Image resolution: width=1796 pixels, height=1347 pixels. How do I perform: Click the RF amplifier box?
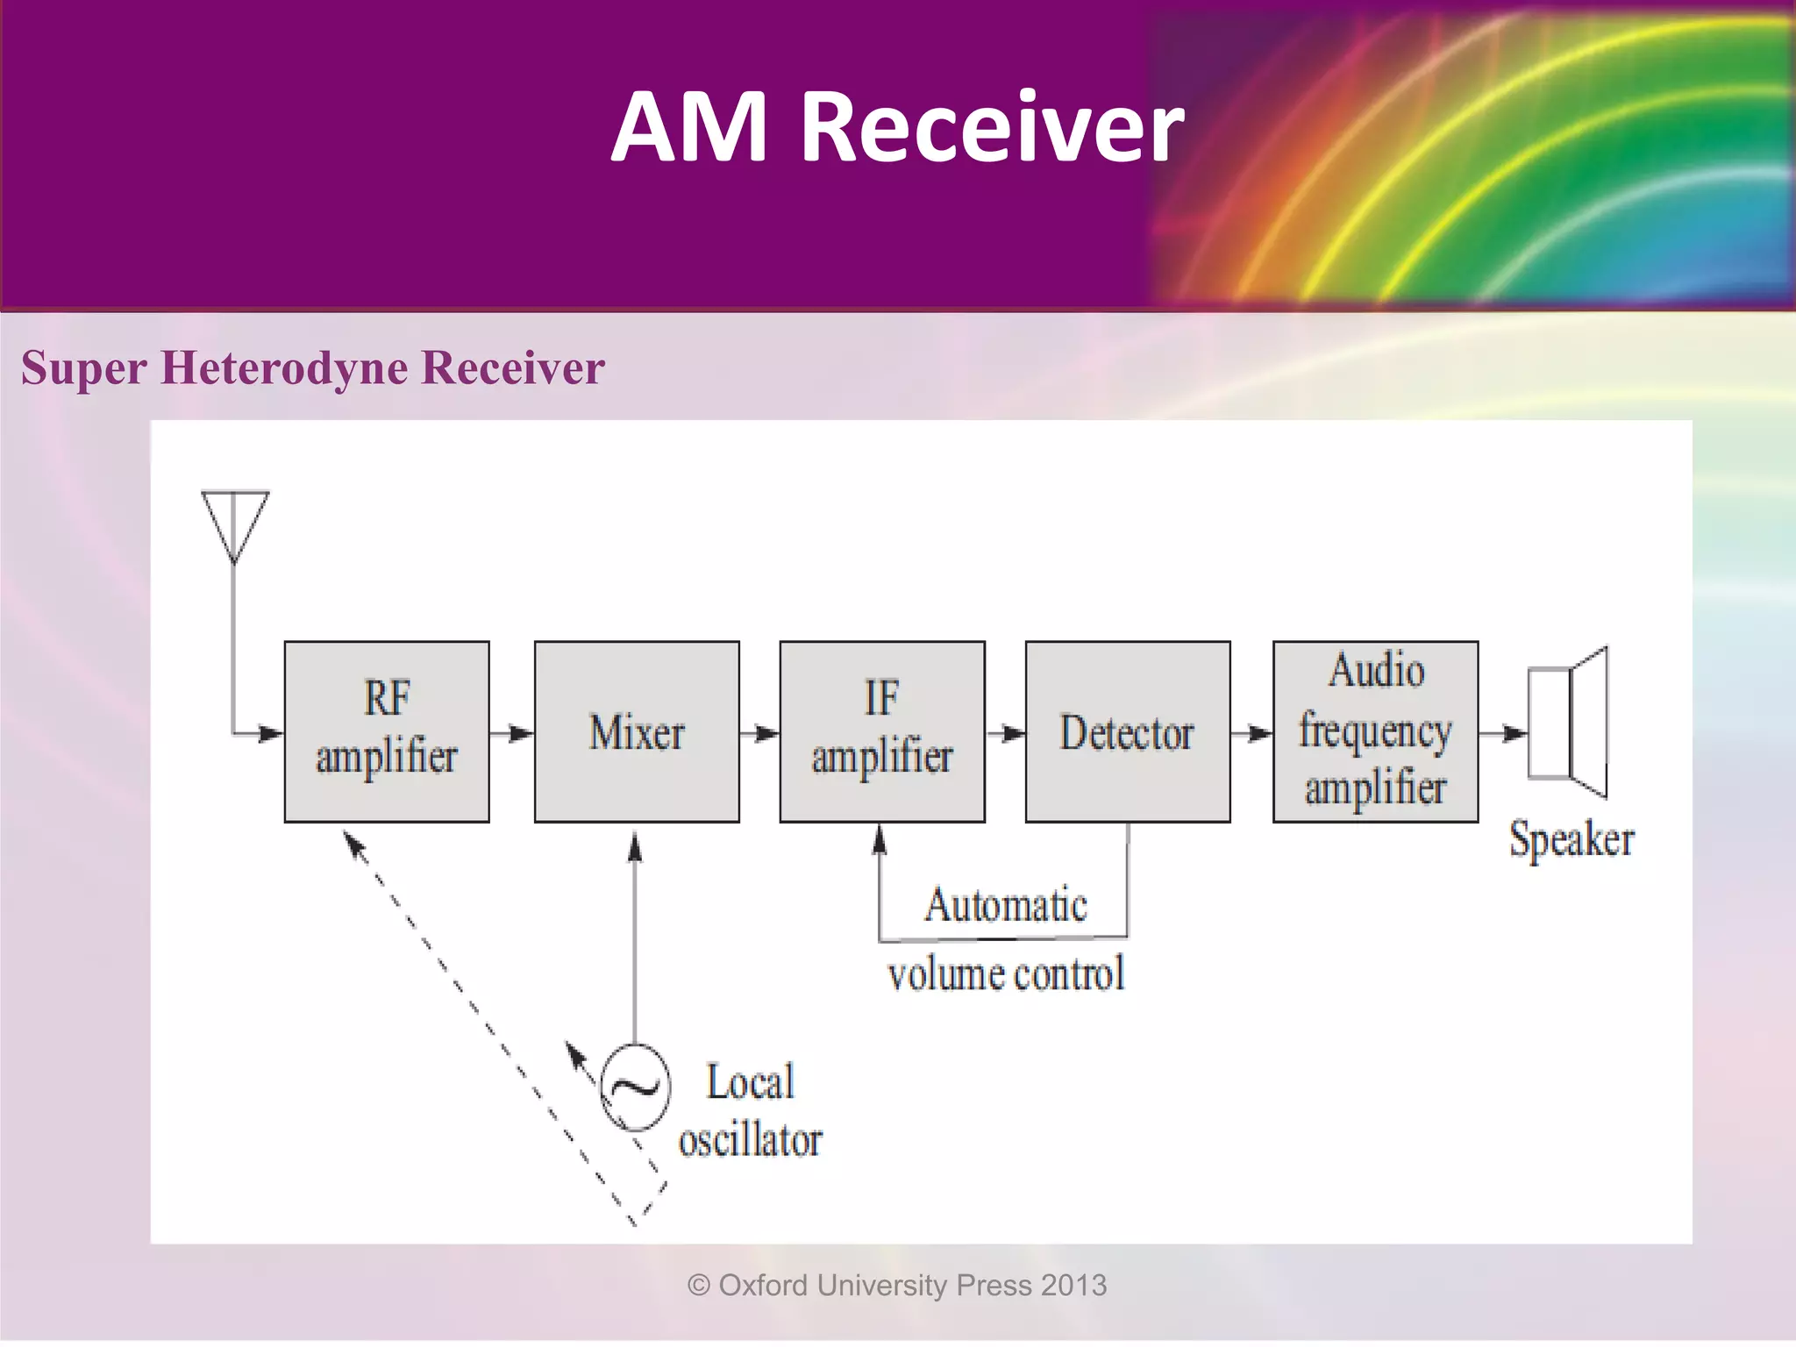tap(387, 731)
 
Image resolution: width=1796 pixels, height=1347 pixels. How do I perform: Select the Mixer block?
tap(637, 731)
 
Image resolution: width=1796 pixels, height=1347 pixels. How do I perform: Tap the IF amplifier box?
tap(882, 731)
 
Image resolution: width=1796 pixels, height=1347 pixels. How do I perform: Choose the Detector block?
tap(1128, 731)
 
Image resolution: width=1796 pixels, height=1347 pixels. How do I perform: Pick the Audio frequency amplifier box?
tap(1375, 731)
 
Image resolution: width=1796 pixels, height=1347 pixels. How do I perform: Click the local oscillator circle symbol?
tap(636, 1087)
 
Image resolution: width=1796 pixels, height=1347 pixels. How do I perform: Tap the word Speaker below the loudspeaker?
tap(1571, 839)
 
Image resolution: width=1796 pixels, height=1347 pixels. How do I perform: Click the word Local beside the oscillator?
tap(751, 1081)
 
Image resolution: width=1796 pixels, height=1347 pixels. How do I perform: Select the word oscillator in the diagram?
tap(751, 1140)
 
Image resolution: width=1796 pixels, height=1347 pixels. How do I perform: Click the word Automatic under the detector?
tap(1006, 905)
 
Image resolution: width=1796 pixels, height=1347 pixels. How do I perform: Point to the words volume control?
tap(1006, 974)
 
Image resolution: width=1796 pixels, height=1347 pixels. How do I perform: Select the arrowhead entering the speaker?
tap(1514, 733)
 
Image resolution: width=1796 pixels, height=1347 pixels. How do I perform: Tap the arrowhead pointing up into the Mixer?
tap(636, 847)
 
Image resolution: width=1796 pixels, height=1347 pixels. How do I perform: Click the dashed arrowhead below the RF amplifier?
tap(353, 844)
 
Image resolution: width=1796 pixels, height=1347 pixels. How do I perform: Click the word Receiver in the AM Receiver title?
tap(992, 127)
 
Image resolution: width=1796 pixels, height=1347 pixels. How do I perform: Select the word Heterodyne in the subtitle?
tap(285, 367)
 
